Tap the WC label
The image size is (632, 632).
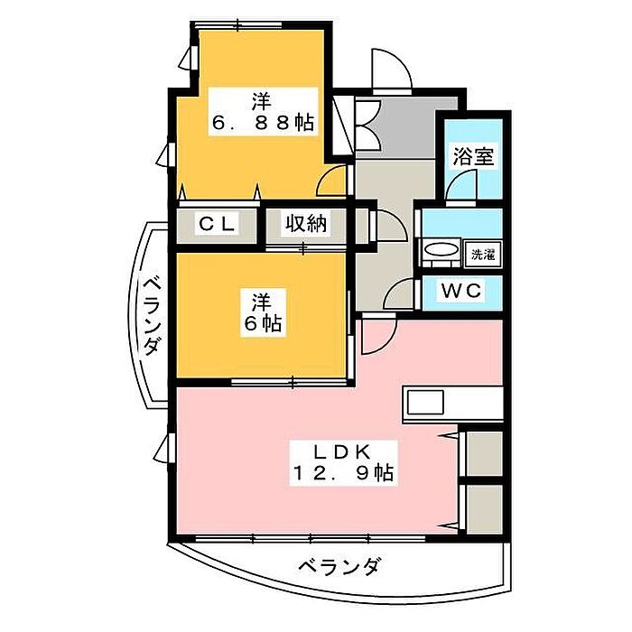click(x=462, y=291)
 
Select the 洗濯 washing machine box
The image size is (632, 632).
click(x=479, y=254)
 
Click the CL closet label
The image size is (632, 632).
click(x=218, y=224)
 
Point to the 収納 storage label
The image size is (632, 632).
click(x=307, y=224)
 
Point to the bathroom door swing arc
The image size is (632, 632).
click(x=461, y=187)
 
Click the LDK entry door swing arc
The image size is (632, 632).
click(x=377, y=336)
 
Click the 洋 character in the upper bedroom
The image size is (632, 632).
click(x=262, y=99)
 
